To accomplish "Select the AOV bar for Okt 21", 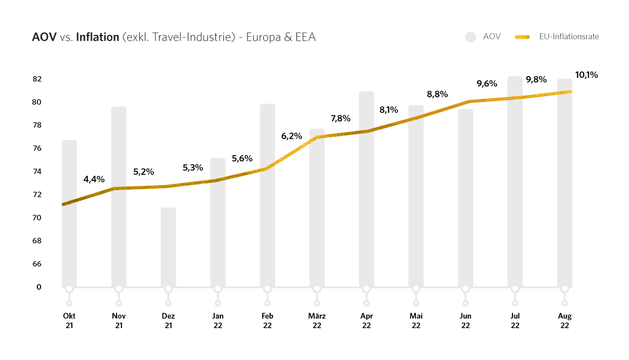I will (x=69, y=245).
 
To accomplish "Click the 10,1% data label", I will (x=586, y=75).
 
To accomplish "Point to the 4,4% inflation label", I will (x=94, y=179).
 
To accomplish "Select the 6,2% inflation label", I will (x=291, y=136).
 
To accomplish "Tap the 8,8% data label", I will (x=438, y=94).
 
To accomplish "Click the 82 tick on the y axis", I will (x=37, y=79).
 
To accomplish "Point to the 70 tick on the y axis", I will (x=37, y=218).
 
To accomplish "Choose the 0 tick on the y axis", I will (x=39, y=287).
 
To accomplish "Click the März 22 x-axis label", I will (x=317, y=321).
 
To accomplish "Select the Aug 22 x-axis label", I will (x=565, y=321).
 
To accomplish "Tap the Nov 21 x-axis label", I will (x=119, y=321).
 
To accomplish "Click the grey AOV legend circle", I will (x=471, y=37).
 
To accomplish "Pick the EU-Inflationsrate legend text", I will (x=569, y=37).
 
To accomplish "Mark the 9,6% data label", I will (x=487, y=83).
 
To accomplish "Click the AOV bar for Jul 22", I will (x=515, y=184).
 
